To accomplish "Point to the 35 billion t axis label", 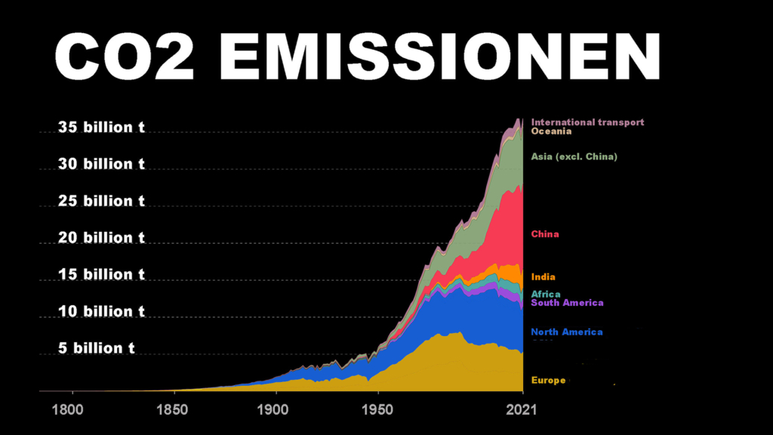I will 101,127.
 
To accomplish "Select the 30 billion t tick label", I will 101,164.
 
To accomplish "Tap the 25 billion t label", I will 101,201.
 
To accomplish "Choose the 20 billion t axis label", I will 101,238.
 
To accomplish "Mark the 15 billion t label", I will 101,275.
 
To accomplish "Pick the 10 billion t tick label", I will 101,311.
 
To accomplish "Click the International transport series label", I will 587,122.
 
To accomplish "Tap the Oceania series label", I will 551,131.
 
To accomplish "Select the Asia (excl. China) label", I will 574,156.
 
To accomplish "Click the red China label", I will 545,234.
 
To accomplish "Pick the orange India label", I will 543,277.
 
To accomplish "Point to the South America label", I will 567,303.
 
